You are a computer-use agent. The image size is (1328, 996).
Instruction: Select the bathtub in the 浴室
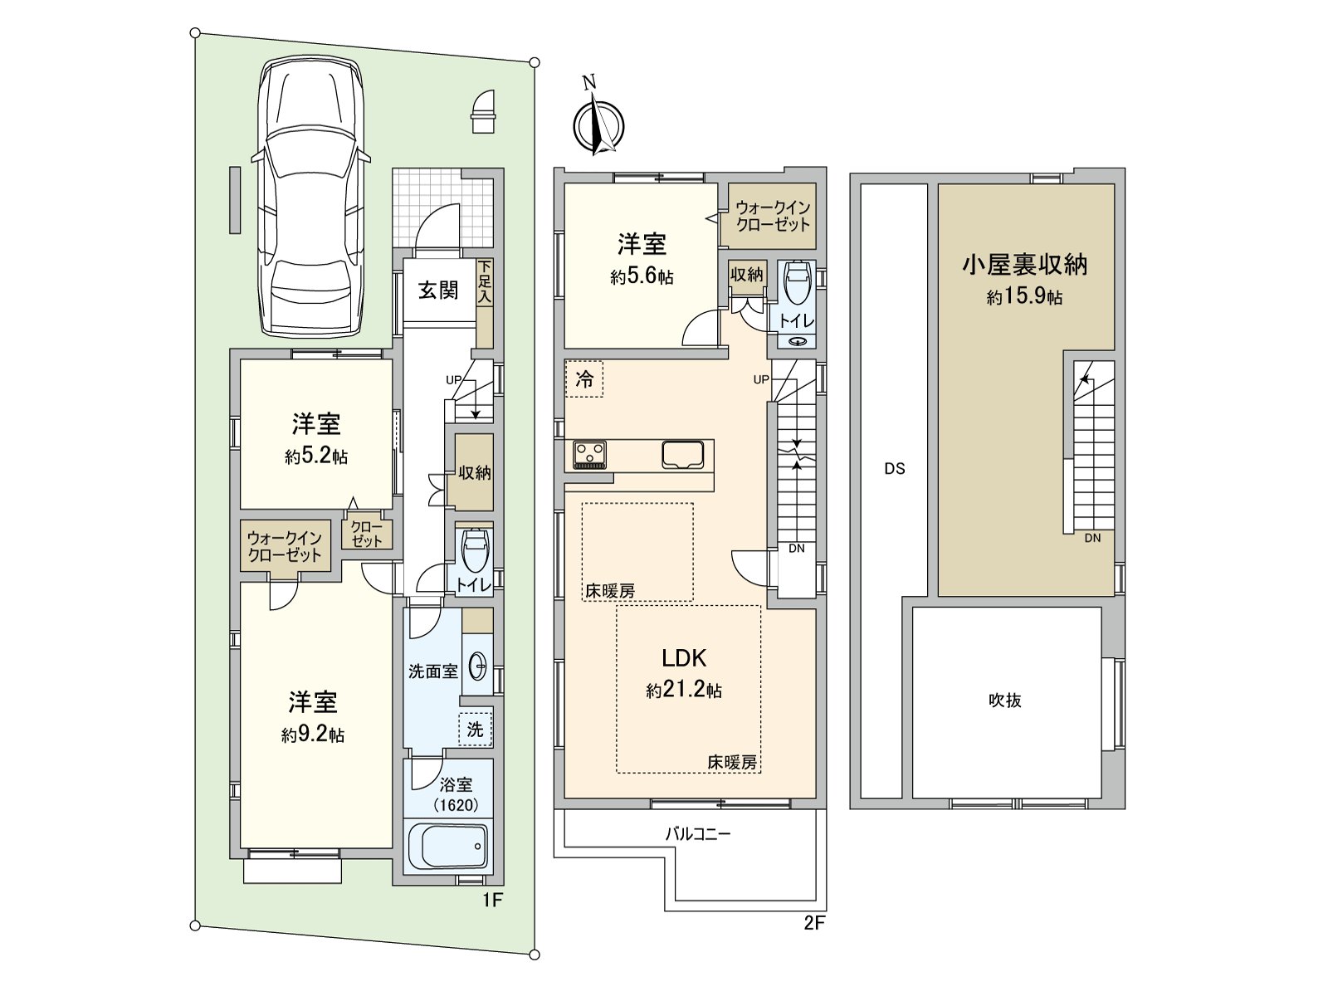tap(447, 846)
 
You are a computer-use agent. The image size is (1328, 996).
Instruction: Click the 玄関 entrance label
tap(437, 290)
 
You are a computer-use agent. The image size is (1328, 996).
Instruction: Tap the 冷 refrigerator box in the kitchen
tap(584, 380)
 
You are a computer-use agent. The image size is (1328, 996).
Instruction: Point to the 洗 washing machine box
tap(475, 730)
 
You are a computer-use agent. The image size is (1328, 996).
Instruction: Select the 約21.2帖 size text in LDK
tap(684, 691)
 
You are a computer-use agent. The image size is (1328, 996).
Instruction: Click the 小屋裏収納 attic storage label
tap(1024, 265)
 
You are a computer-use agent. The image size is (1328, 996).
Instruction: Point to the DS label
tap(894, 469)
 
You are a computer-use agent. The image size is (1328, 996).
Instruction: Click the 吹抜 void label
tap(1004, 701)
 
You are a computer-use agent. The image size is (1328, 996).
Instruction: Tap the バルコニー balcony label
tap(698, 834)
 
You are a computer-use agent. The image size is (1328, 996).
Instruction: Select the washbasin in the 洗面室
tap(478, 666)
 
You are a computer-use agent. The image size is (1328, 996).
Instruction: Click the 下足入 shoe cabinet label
tap(485, 282)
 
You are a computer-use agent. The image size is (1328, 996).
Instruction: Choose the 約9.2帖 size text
tap(313, 735)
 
